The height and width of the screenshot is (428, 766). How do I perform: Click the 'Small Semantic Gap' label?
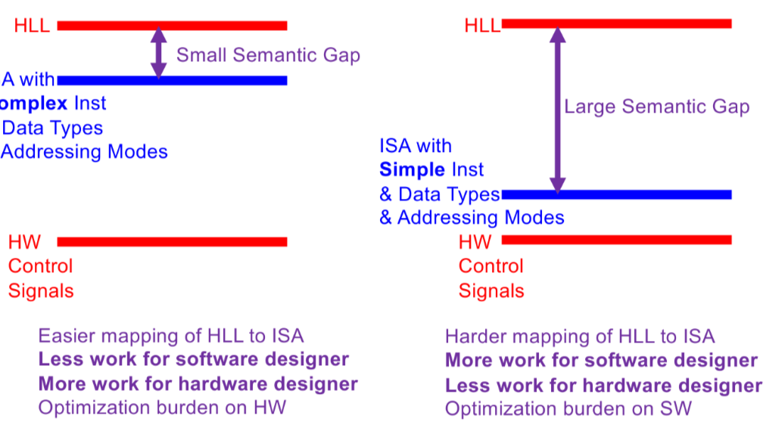(268, 55)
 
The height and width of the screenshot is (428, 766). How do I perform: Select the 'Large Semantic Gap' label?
(656, 107)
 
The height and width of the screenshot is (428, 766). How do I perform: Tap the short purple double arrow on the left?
(158, 52)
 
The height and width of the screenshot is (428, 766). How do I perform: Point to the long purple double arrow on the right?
(557, 110)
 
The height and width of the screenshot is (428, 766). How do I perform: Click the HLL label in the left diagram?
(32, 26)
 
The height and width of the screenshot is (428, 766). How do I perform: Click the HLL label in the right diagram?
(482, 25)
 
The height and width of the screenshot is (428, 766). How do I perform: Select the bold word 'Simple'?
(411, 169)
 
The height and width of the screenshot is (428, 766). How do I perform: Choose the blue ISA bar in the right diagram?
(616, 194)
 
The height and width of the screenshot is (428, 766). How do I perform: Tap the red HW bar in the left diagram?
(172, 242)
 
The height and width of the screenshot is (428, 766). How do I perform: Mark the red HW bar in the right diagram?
(616, 240)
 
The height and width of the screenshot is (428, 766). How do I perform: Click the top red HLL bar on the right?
(616, 24)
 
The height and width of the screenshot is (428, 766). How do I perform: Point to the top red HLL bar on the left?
(172, 26)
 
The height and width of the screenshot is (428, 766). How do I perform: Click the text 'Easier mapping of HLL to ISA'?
(170, 336)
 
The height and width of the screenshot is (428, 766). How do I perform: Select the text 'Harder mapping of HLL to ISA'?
(579, 337)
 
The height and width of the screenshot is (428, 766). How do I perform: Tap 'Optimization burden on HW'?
(162, 408)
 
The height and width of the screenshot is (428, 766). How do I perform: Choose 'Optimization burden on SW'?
(568, 409)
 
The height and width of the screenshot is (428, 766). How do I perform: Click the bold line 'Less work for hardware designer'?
(603, 385)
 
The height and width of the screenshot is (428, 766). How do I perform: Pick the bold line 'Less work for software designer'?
(193, 359)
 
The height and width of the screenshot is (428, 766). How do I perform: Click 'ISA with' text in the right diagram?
(416, 146)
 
